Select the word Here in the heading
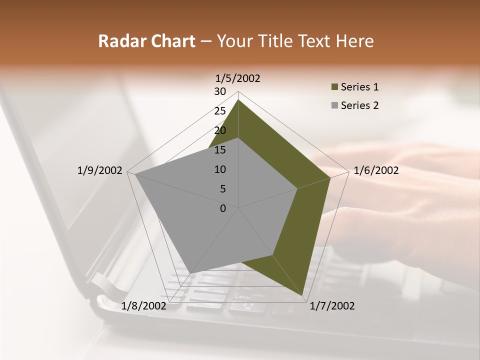(x=354, y=41)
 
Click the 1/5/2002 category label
(x=238, y=78)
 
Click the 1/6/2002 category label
(x=376, y=170)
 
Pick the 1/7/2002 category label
(x=332, y=306)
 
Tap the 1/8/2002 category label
(x=144, y=306)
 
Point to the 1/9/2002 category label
(x=99, y=170)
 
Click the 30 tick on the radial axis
(x=220, y=91)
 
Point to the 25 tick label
(x=220, y=111)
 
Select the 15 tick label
(x=220, y=150)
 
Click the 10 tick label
(x=220, y=169)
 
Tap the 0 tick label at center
(x=223, y=208)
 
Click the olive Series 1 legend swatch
(x=334, y=87)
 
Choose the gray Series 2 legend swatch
(x=334, y=105)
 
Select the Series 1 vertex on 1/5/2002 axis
(x=238, y=99)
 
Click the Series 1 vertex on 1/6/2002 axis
(x=330, y=177)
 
